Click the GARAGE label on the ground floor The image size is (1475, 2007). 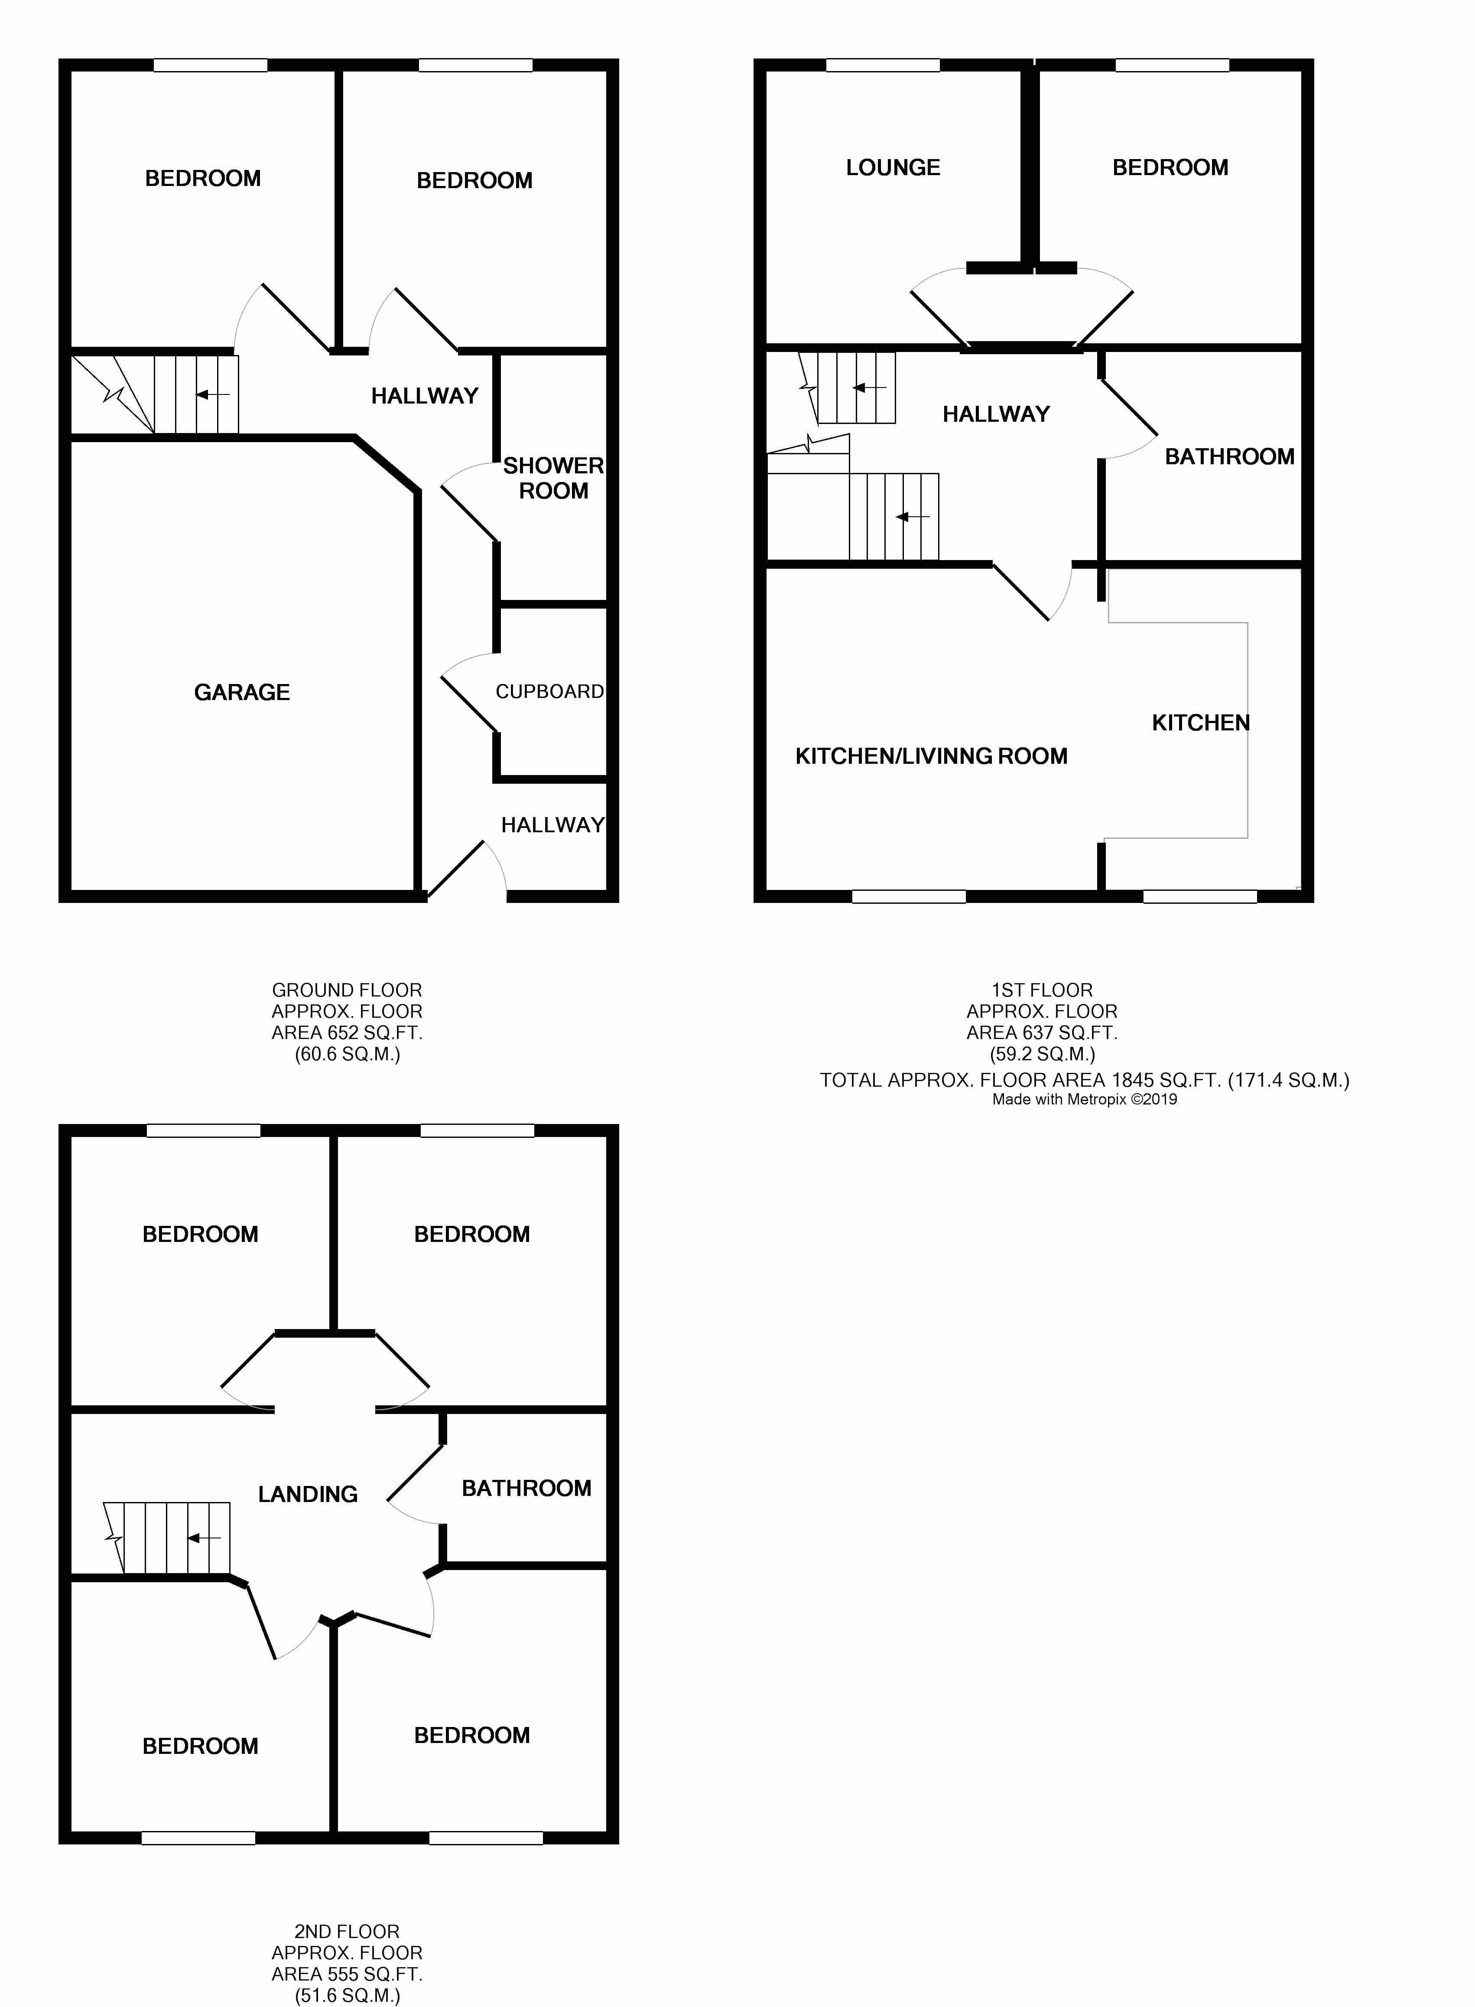click(x=242, y=692)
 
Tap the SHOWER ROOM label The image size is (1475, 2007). click(x=554, y=478)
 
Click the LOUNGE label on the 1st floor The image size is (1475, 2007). click(x=893, y=167)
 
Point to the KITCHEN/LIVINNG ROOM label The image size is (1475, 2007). click(x=931, y=756)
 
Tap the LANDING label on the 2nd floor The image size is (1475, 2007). click(x=308, y=1494)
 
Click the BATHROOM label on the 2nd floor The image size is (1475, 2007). click(x=527, y=1488)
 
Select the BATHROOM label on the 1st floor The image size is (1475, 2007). click(x=1229, y=456)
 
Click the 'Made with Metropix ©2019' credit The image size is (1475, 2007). click(x=1085, y=1100)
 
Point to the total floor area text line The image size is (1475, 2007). click(x=1085, y=1080)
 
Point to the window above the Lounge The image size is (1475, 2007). click(x=883, y=64)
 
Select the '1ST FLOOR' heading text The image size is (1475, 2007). click(x=1042, y=990)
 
